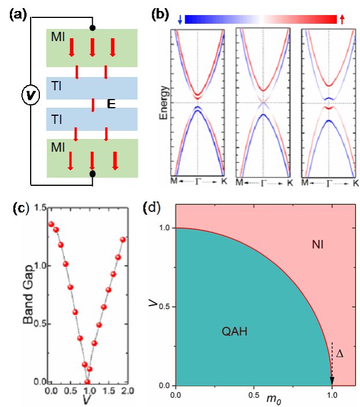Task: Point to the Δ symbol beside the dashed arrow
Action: (x=340, y=353)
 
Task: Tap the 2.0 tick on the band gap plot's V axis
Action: (x=126, y=392)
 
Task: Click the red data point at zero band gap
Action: (x=87, y=382)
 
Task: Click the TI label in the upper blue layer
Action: (x=57, y=88)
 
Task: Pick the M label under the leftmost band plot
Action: (x=174, y=184)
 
